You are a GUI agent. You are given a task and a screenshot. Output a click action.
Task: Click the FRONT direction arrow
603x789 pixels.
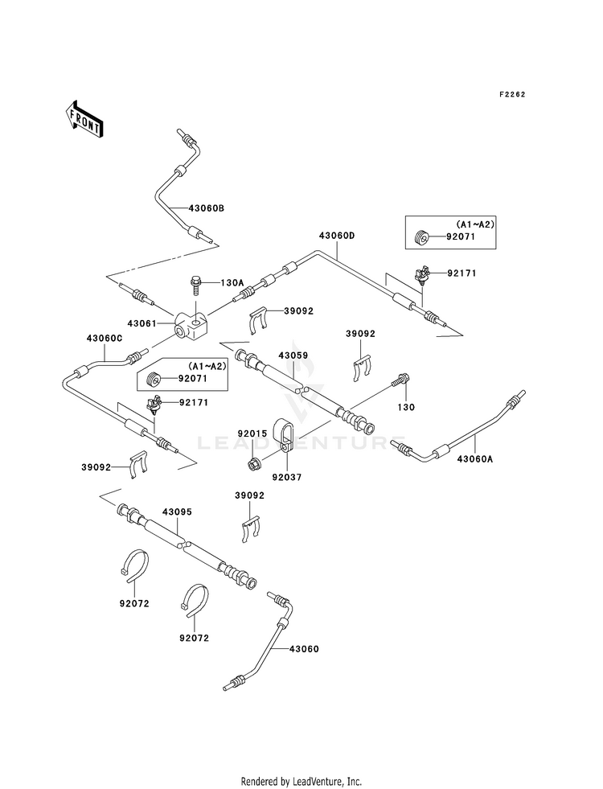click(x=84, y=118)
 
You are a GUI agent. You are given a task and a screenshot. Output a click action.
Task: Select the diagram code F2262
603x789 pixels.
click(x=512, y=95)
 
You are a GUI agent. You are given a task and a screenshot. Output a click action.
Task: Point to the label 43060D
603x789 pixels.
click(x=336, y=236)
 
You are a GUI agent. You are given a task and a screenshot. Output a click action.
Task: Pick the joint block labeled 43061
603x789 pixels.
click(x=191, y=325)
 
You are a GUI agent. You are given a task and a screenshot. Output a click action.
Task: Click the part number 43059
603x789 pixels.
click(x=293, y=355)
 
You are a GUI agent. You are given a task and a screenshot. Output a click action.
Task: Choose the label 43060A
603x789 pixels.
click(x=475, y=458)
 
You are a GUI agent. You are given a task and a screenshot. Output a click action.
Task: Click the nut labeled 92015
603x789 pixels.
click(x=253, y=463)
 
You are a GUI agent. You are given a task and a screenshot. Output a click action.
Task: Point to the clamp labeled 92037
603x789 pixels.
click(x=284, y=432)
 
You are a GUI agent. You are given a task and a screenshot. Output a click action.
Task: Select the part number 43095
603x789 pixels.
click(x=177, y=512)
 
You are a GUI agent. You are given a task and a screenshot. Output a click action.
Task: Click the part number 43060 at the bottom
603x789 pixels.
click(x=304, y=649)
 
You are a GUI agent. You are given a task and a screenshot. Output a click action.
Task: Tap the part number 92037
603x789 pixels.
click(x=287, y=477)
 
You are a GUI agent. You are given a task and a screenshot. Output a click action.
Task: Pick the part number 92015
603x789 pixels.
click(x=252, y=434)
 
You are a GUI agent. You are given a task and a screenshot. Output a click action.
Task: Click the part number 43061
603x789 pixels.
click(x=142, y=323)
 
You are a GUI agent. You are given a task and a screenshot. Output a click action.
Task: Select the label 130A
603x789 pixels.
click(x=232, y=283)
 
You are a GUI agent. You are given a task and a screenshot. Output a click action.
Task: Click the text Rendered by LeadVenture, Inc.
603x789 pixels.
click(x=301, y=782)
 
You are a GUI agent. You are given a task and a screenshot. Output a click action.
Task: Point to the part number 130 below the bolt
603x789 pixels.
click(x=406, y=407)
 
